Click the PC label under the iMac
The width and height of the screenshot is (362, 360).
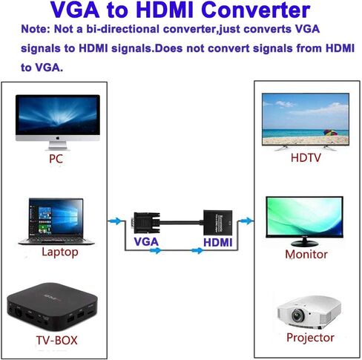pyautogui.click(x=55, y=158)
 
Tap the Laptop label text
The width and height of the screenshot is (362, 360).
pyautogui.click(x=59, y=252)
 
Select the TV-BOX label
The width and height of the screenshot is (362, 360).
pyautogui.click(x=56, y=341)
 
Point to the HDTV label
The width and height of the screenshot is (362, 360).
pyautogui.click(x=306, y=158)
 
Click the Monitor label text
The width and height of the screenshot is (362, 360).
pyautogui.click(x=306, y=254)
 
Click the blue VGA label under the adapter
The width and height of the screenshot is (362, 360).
pyautogui.click(x=146, y=242)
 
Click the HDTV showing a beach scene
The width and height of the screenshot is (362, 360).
pyautogui.click(x=306, y=120)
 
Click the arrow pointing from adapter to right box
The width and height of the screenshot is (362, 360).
pyautogui.click(x=247, y=220)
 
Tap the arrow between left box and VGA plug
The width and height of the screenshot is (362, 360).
pyautogui.click(x=115, y=220)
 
